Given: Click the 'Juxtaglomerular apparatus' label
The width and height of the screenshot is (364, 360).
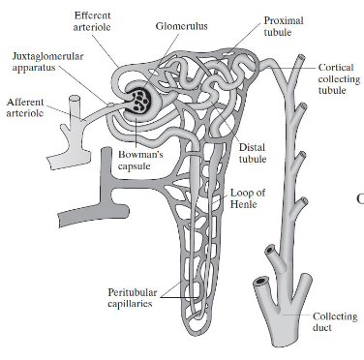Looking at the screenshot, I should pos(48,63).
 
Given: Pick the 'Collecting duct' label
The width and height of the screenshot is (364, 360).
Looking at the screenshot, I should pos(335,322).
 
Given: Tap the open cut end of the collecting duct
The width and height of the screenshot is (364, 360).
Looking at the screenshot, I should pos(260,284).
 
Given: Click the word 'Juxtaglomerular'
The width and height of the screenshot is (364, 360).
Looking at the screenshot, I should pos(48,56).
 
